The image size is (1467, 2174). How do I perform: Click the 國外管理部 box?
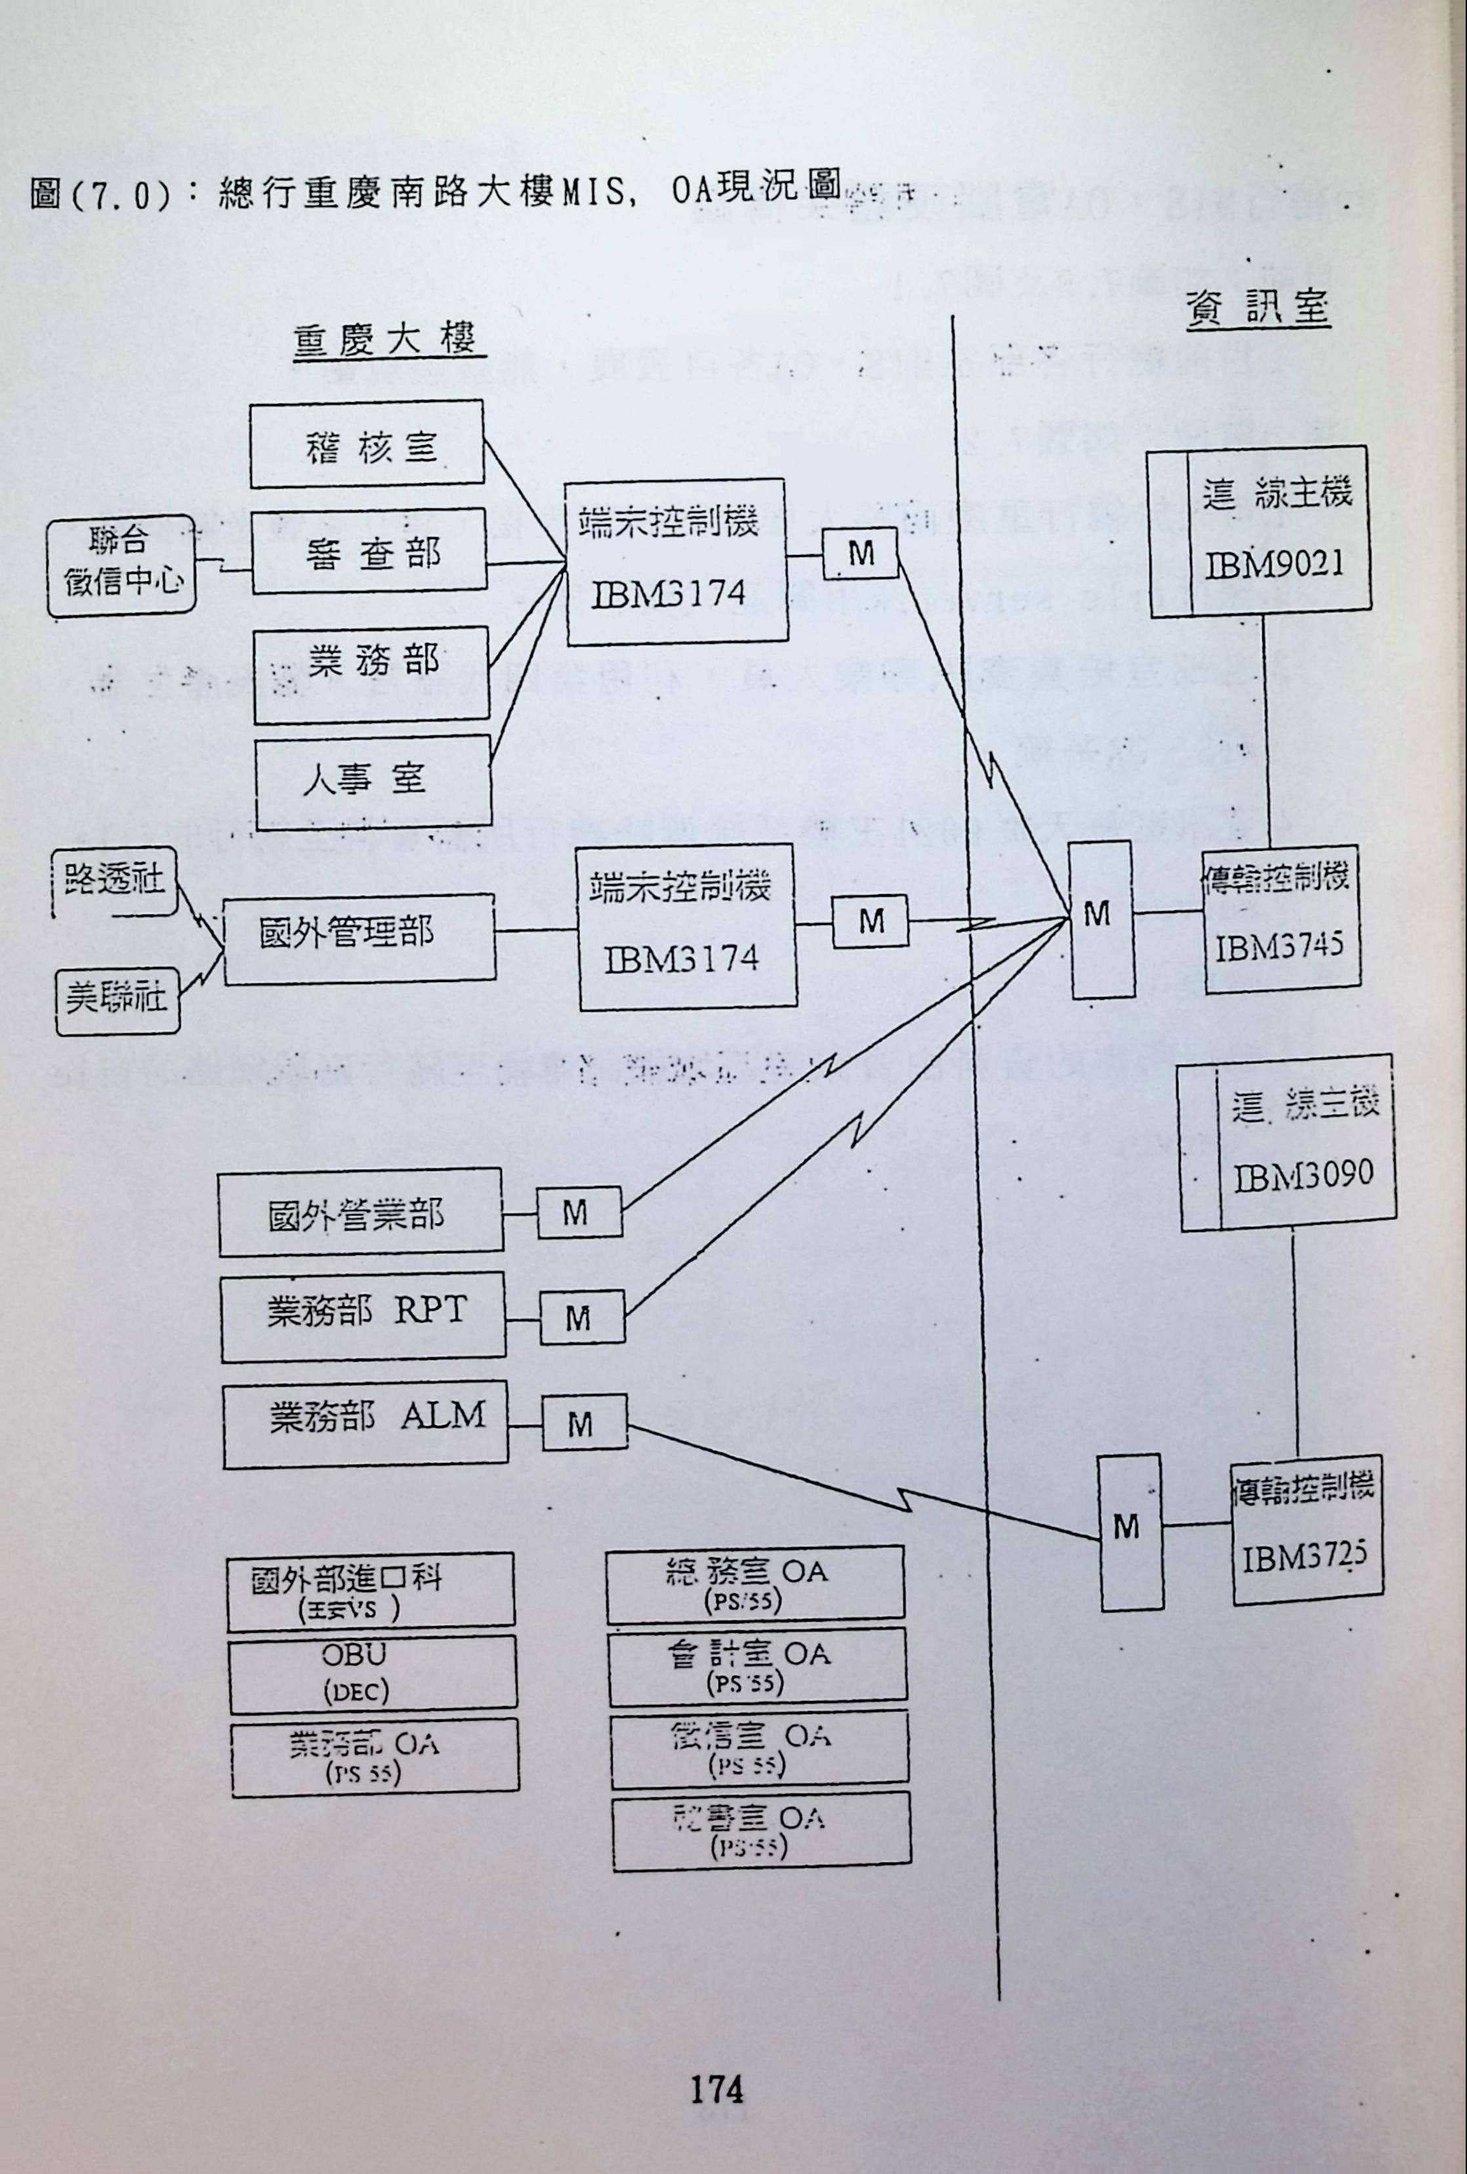(x=358, y=937)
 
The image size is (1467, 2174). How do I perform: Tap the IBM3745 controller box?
(x=1280, y=920)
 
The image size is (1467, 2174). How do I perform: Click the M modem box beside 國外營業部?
(x=578, y=1214)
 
